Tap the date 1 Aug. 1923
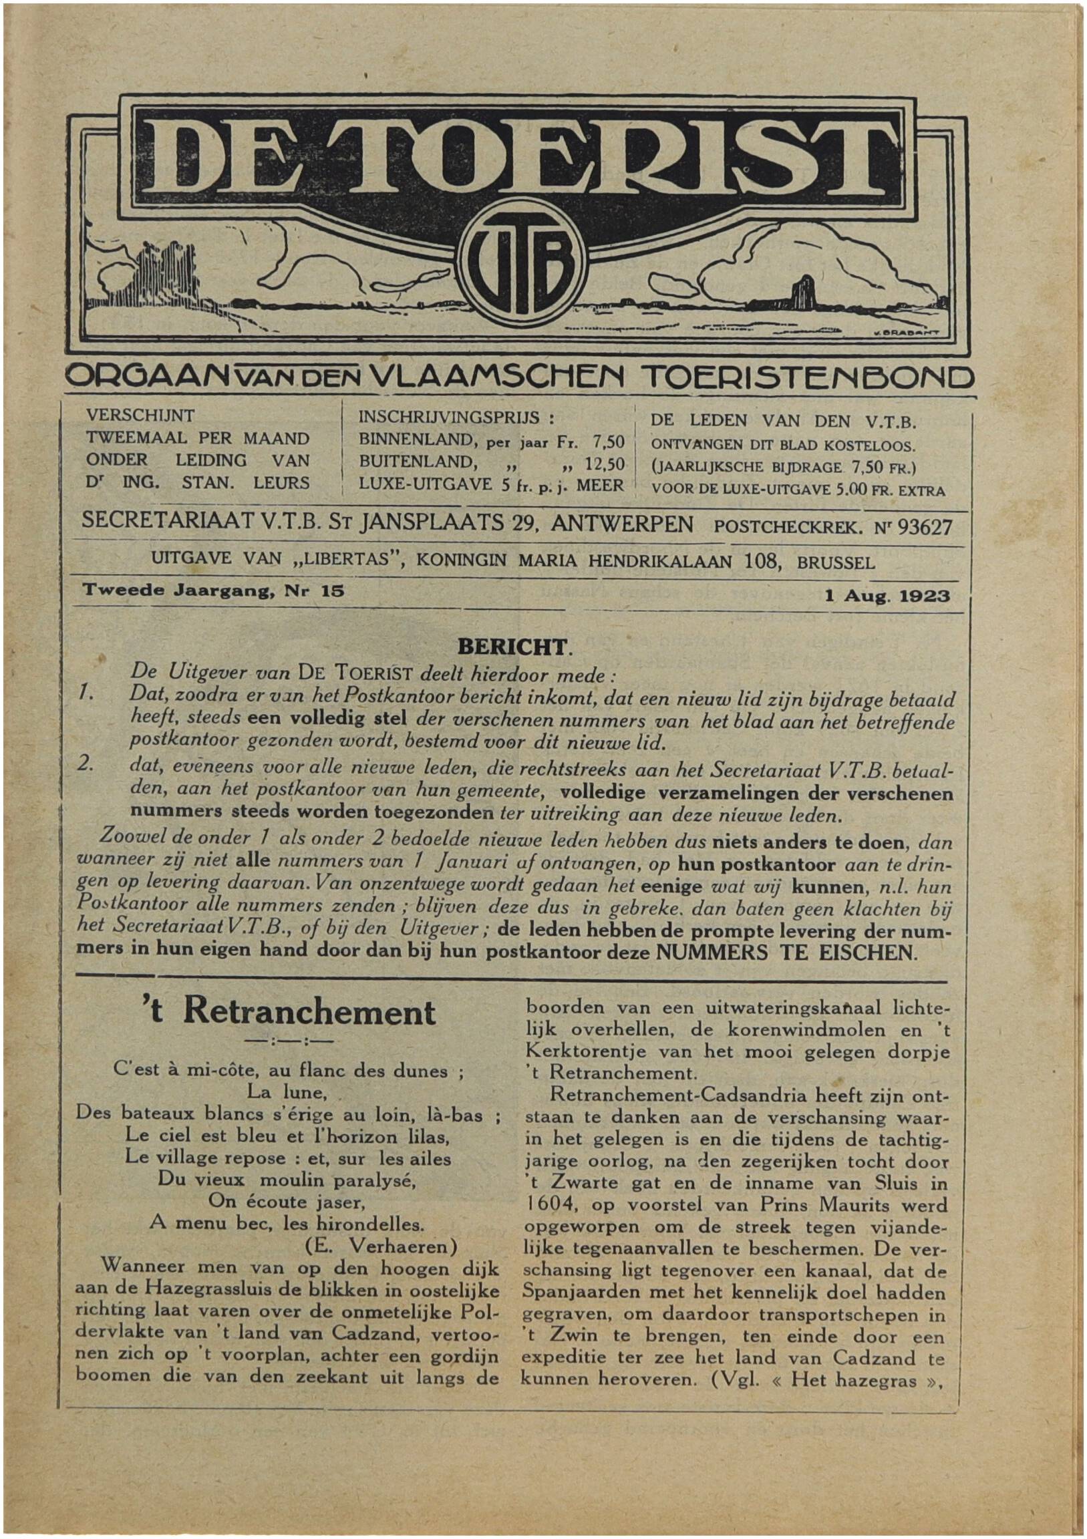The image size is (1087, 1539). click(887, 596)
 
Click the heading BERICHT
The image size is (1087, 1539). click(513, 647)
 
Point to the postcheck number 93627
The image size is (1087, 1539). click(925, 528)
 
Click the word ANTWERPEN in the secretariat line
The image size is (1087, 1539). click(621, 524)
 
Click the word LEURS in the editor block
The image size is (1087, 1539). click(282, 483)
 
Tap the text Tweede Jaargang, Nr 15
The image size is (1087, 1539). click(213, 591)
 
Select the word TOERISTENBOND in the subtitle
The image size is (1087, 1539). click(804, 379)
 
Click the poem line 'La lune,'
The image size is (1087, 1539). click(287, 1093)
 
